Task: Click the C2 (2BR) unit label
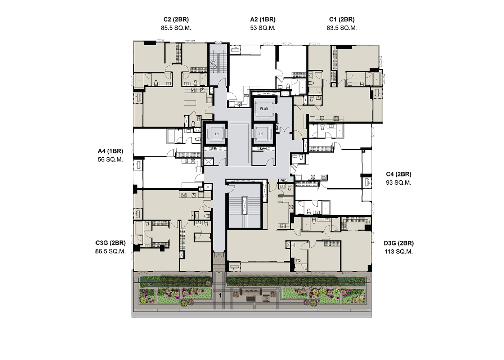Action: pos(176,19)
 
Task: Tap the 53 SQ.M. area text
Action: pos(263,28)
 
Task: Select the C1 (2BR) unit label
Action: pos(342,19)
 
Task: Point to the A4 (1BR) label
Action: pos(110,151)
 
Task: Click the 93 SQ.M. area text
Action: pos(399,183)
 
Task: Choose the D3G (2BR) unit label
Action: pos(399,243)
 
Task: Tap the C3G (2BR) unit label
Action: pos(111,243)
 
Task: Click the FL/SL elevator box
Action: pos(264,109)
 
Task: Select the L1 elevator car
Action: pos(217,134)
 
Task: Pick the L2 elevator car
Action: pos(261,134)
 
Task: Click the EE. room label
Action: pos(214,149)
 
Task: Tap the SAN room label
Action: pos(263,149)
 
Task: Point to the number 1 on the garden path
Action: pos(220,295)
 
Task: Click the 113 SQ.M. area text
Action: pos(399,252)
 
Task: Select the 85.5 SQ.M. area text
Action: pos(176,28)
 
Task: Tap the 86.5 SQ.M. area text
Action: pos(111,252)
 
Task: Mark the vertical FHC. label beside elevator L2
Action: pos(278,127)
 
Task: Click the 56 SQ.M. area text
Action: pos(110,160)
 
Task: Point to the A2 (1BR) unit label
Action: pos(263,19)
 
